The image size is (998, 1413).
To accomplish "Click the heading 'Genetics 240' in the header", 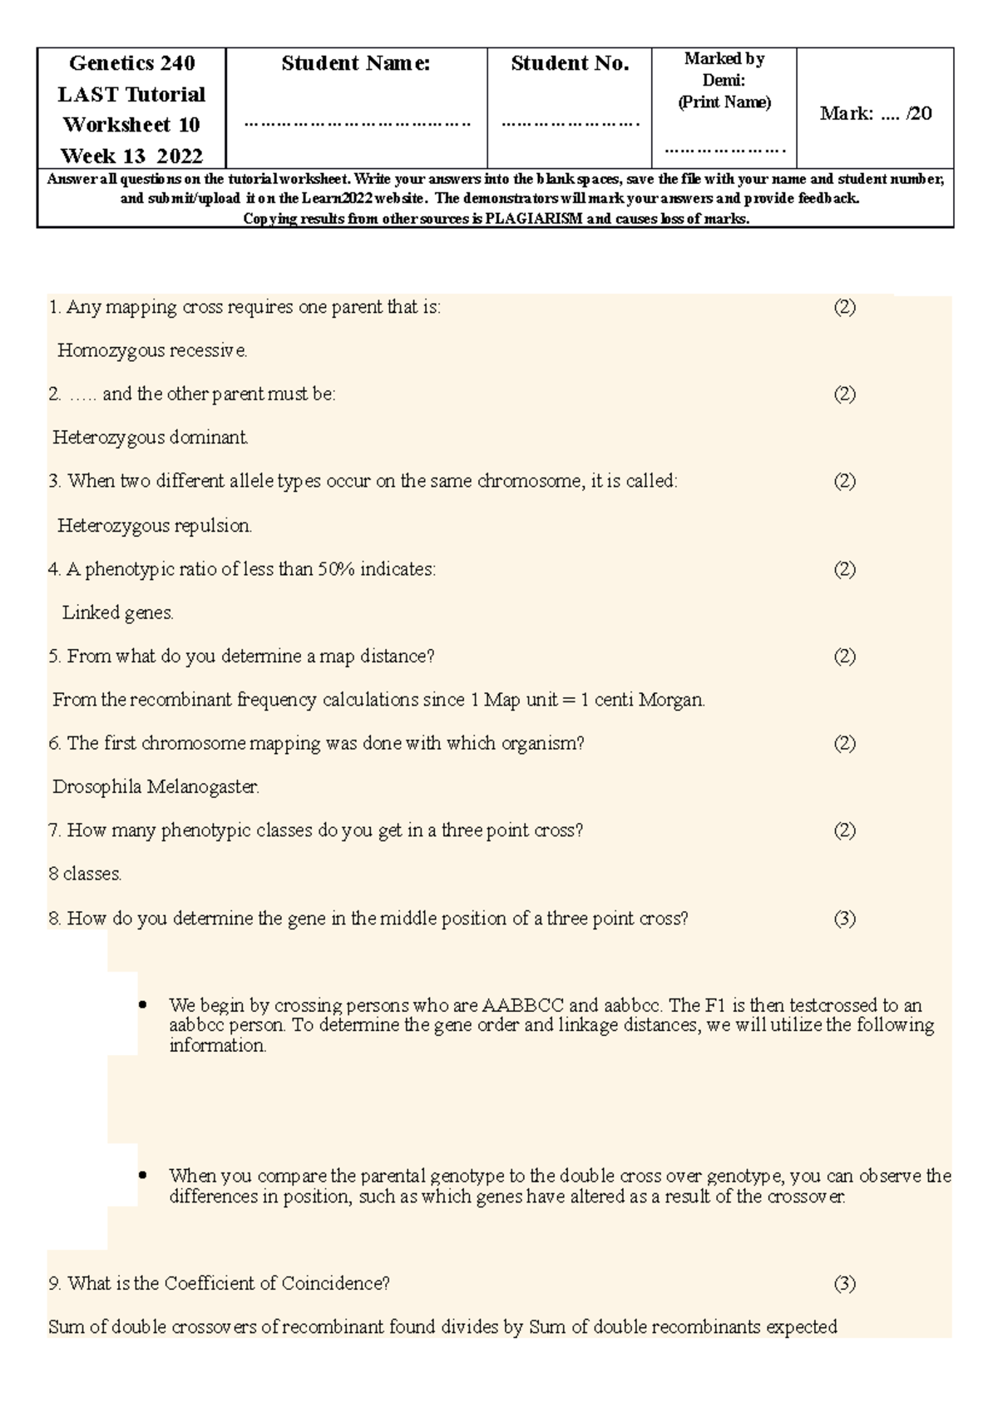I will click(x=131, y=63).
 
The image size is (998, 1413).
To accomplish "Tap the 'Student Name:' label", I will click(x=356, y=63).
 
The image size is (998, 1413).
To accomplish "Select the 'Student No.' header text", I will click(x=570, y=63).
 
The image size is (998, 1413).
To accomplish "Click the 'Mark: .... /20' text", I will click(x=875, y=114).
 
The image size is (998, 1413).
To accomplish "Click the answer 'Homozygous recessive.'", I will click(x=152, y=351).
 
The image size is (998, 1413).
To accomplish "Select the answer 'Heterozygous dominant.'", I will click(x=151, y=438).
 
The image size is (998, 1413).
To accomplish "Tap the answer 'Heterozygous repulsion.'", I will click(x=155, y=526).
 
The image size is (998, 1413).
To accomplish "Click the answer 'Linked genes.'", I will click(x=118, y=613).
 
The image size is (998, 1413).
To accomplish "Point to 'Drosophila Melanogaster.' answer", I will click(x=156, y=786).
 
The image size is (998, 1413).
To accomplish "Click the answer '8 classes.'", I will click(x=86, y=874).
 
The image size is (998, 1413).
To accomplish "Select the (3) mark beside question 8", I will click(x=844, y=919).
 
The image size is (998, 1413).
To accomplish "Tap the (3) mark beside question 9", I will click(x=844, y=1283).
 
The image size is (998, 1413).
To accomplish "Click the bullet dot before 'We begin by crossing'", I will click(x=142, y=1005).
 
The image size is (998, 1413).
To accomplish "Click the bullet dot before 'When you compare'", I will click(x=142, y=1176).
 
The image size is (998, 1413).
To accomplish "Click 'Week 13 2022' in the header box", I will click(x=131, y=156).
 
